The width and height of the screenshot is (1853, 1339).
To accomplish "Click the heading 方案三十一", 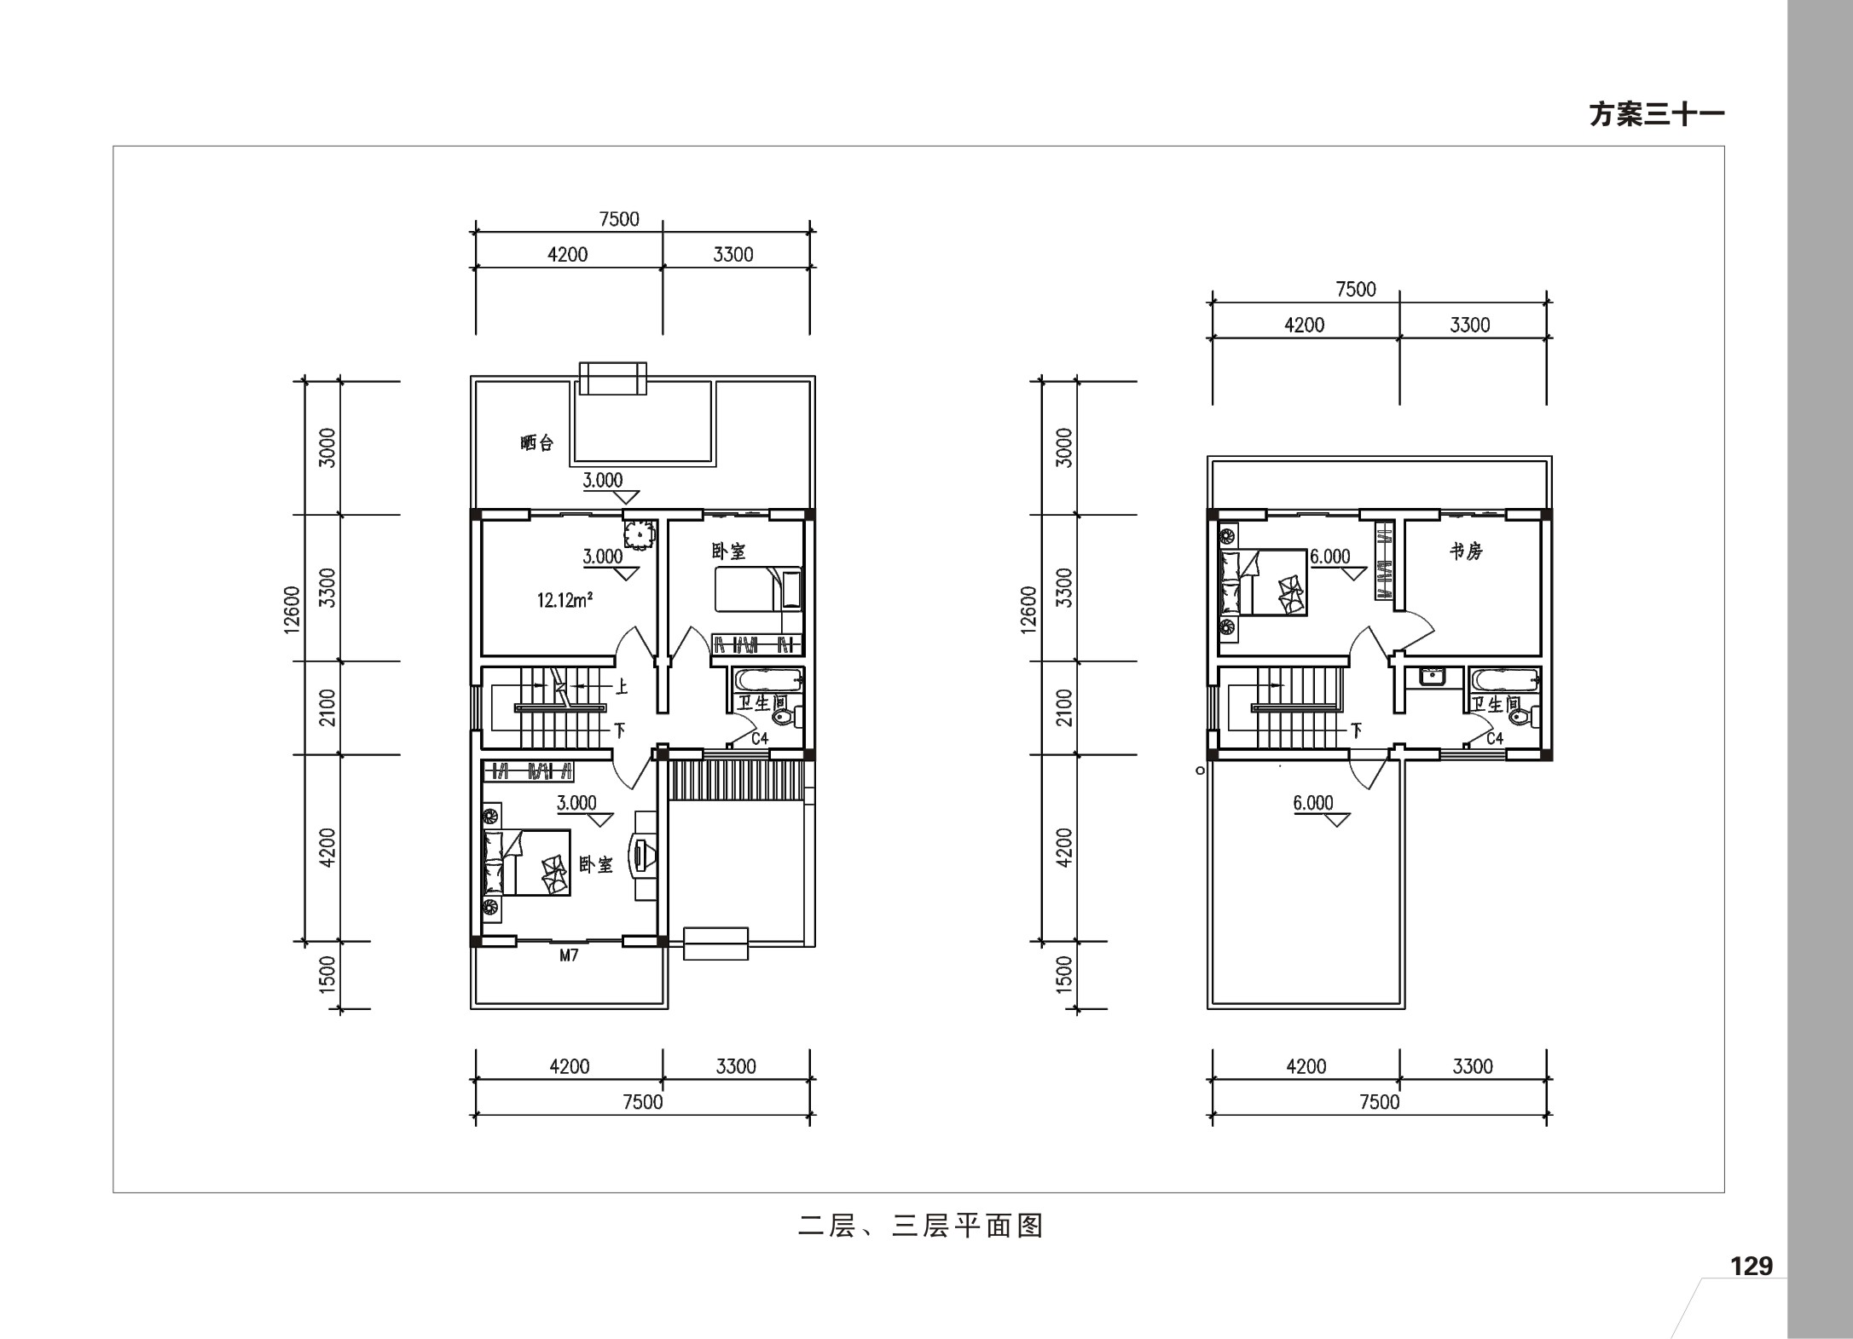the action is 1656,114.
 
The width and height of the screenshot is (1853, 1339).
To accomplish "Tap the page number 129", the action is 1752,1266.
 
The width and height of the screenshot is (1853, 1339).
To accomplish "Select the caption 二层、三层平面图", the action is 921,1226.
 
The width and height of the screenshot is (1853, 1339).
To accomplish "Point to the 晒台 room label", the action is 536,442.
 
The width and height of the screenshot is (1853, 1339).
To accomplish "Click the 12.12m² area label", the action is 565,600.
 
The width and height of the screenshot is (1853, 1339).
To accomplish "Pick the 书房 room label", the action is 1466,551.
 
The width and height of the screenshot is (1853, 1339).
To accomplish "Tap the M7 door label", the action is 569,955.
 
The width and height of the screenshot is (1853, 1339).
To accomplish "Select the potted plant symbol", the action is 640,535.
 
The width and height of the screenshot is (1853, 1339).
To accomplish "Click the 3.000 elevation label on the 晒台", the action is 603,480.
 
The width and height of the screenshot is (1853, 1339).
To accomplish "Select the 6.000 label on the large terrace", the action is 1313,803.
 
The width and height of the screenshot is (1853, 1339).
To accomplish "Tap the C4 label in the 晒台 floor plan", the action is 759,738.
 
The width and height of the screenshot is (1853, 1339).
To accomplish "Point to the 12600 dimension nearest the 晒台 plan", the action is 292,609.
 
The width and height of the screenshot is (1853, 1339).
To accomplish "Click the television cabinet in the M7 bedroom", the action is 644,855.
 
